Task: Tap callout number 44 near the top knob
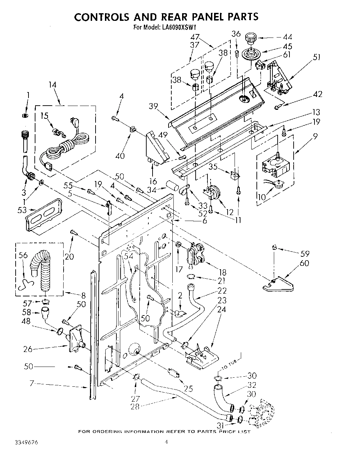[x=287, y=37]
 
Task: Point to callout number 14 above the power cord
[x=52, y=85]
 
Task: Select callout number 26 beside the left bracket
[x=27, y=349]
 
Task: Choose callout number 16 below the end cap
[x=153, y=181]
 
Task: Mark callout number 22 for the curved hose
[x=222, y=290]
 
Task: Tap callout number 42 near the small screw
[x=317, y=94]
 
